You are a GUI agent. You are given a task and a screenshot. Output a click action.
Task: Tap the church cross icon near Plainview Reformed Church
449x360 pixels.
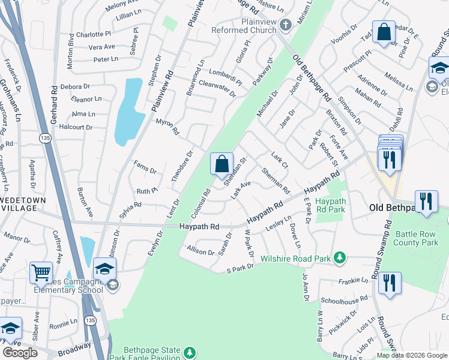pos(286,25)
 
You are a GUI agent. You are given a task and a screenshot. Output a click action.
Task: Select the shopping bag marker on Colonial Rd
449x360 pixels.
pos(221,163)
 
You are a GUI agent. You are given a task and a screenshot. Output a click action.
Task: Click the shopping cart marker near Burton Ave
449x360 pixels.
pos(41,273)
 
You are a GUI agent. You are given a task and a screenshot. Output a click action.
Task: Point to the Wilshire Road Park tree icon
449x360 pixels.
pos(340,257)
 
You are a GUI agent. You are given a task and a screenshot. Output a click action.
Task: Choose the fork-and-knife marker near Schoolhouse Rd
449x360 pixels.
pos(390,283)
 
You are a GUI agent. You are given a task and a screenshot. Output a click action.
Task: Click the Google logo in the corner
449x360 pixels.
pos(20,353)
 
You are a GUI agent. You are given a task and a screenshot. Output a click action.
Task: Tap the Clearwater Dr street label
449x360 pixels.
pos(217,88)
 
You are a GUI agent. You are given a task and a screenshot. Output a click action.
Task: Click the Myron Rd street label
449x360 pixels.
pos(167,127)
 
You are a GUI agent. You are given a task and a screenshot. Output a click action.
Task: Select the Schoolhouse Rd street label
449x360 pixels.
pos(344,299)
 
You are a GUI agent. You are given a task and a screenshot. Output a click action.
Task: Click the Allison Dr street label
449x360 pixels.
pos(200,250)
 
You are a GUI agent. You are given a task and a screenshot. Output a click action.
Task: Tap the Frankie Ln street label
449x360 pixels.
pos(352,280)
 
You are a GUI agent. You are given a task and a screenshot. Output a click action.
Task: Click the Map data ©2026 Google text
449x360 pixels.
pos(412,355)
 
